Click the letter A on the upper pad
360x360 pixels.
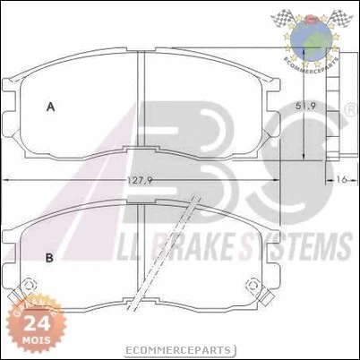point(51,107)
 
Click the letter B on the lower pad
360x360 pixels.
point(50,259)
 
